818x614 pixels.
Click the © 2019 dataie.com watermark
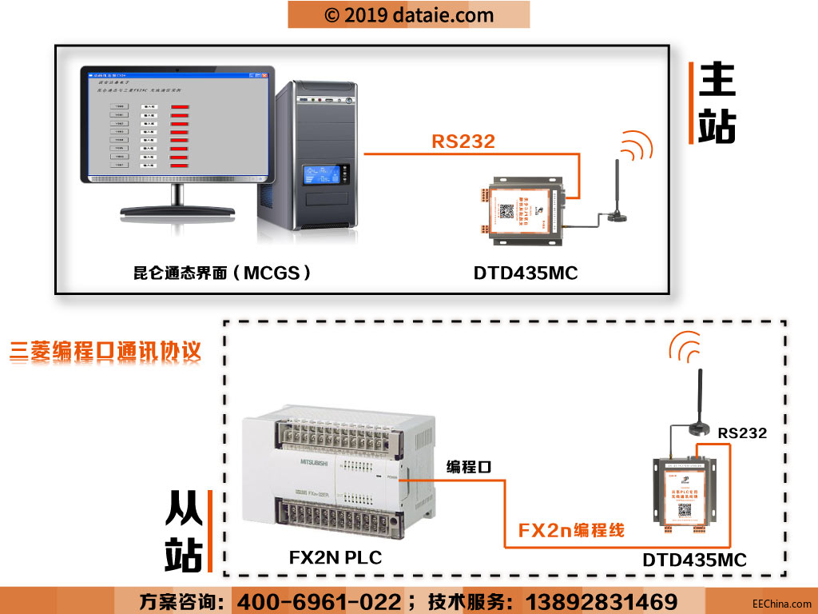(409, 14)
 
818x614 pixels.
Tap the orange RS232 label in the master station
(463, 142)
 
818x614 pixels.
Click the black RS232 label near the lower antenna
(741, 433)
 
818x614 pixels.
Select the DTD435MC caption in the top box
(525, 273)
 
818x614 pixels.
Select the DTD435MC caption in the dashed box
(694, 560)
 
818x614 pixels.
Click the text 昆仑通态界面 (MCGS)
(223, 273)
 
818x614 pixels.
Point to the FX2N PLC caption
(336, 557)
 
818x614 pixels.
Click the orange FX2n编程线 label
(571, 529)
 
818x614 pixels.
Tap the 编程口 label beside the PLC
(468, 467)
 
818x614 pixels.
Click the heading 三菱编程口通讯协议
(105, 352)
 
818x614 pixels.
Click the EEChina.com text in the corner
(781, 604)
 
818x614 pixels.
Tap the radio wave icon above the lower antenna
(687, 345)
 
